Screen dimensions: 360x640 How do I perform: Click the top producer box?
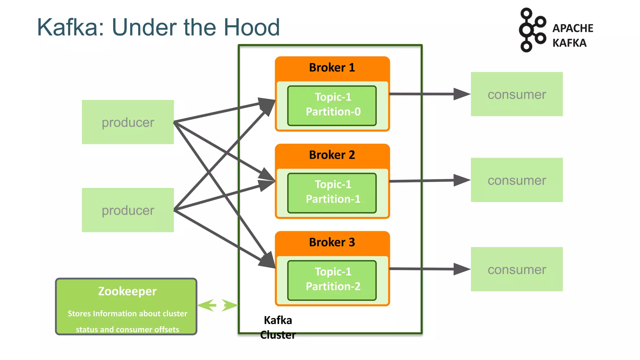click(x=128, y=122)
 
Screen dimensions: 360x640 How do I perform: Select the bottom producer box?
click(x=128, y=210)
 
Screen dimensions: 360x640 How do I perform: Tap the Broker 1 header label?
click(x=332, y=67)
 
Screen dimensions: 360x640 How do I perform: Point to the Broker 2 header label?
click(x=332, y=155)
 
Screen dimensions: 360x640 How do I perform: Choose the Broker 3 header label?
click(x=332, y=242)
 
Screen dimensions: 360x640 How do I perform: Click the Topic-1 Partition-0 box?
click(x=332, y=106)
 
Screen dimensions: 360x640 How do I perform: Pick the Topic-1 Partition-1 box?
click(x=332, y=193)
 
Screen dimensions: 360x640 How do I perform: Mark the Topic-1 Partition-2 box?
click(x=332, y=280)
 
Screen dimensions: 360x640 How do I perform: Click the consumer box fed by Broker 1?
click(x=517, y=94)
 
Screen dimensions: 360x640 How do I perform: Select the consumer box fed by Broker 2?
click(x=517, y=180)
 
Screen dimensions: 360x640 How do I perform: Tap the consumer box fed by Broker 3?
click(x=517, y=269)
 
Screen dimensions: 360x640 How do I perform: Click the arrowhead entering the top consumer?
click(x=462, y=94)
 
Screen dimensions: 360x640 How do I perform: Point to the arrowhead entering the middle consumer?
click(x=462, y=180)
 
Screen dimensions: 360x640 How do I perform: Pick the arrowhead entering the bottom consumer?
click(x=462, y=269)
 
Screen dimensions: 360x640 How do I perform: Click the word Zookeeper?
click(x=127, y=291)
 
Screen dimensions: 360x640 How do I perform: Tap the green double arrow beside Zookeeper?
click(x=218, y=305)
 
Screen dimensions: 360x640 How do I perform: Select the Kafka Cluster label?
click(x=278, y=327)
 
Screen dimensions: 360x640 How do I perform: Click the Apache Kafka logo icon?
click(x=532, y=30)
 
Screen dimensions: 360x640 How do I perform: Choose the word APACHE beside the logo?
click(x=572, y=28)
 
